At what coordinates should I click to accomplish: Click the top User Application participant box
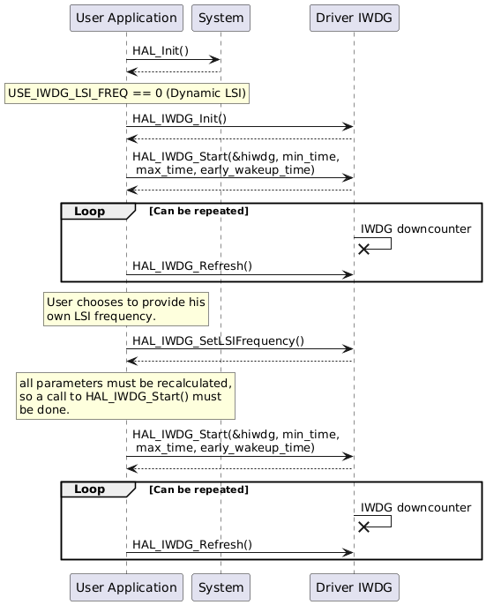(x=126, y=18)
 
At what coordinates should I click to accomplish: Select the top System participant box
(x=221, y=18)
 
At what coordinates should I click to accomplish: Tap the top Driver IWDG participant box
(x=354, y=18)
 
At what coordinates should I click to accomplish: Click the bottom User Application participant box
(x=126, y=586)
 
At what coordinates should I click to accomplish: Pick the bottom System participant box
(x=221, y=586)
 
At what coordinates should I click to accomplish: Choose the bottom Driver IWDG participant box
(x=354, y=586)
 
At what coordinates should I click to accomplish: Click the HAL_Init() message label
(x=161, y=51)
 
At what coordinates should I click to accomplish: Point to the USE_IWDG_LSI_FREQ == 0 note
(x=127, y=93)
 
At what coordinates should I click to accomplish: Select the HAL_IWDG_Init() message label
(x=179, y=118)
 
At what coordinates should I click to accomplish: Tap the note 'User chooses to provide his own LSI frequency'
(x=125, y=309)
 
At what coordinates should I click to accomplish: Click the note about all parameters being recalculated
(x=125, y=396)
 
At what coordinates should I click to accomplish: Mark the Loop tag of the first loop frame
(x=91, y=211)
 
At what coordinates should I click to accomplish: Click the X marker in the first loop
(x=363, y=250)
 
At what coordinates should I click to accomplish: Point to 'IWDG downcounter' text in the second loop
(x=415, y=507)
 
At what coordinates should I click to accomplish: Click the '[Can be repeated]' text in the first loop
(x=198, y=212)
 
